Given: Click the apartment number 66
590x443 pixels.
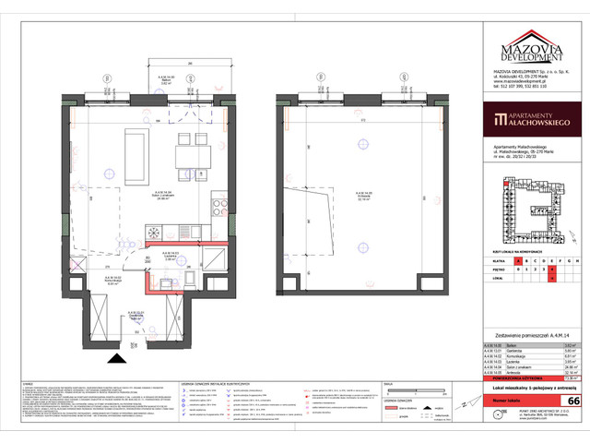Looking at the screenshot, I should coord(573,401).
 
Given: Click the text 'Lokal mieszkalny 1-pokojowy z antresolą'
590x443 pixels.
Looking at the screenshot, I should coord(528,391).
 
